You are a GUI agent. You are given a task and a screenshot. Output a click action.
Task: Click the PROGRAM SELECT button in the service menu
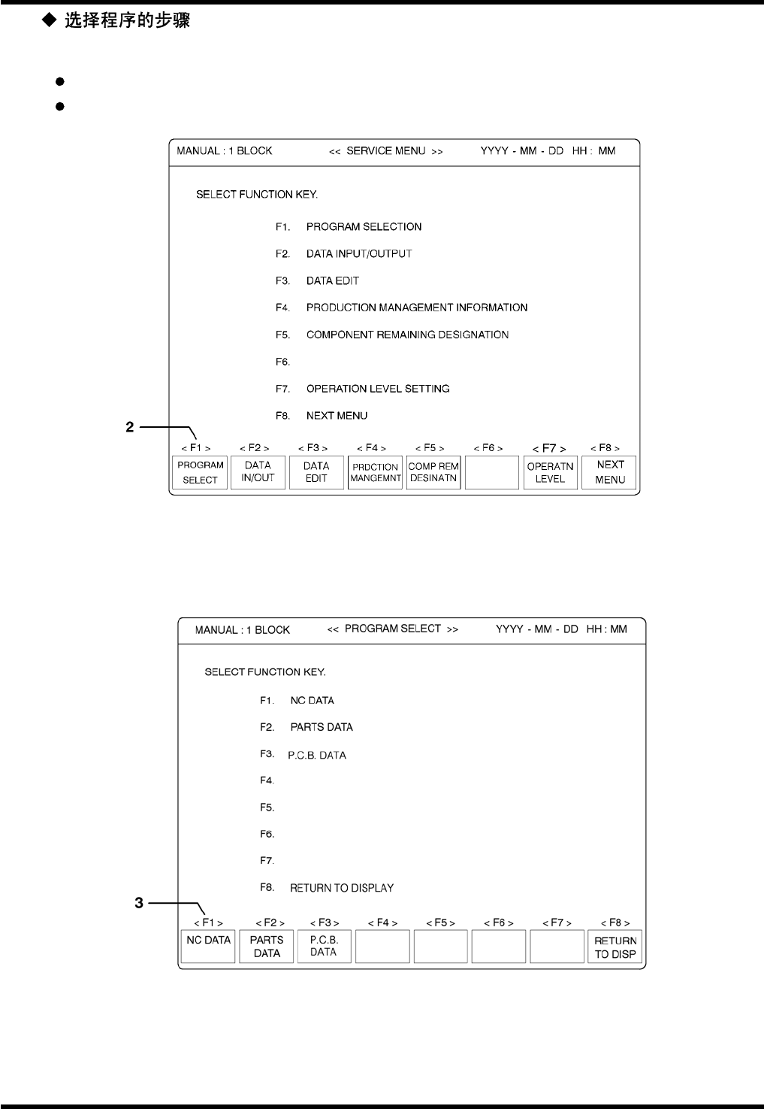point(200,472)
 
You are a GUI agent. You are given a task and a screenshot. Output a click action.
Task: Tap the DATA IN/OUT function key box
point(258,472)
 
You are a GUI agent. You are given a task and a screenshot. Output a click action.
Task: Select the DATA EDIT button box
point(316,472)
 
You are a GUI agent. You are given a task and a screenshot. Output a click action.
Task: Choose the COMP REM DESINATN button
point(433,472)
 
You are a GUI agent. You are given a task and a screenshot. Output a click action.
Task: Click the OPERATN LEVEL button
point(550,472)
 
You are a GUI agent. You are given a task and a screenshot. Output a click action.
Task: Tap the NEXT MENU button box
point(609,472)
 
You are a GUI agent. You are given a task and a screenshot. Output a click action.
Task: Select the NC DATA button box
point(208,947)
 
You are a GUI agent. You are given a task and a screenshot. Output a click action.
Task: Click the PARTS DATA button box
point(267,947)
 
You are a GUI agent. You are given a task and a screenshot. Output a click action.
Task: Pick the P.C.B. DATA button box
point(324,947)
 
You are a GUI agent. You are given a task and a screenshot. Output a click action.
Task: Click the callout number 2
point(130,427)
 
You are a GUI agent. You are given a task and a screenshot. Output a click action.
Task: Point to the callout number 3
point(139,903)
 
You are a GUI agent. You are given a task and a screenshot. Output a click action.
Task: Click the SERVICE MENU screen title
point(385,151)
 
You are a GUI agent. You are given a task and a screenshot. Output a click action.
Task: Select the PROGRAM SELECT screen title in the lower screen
point(392,629)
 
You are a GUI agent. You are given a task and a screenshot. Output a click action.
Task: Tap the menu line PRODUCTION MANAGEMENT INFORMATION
point(416,308)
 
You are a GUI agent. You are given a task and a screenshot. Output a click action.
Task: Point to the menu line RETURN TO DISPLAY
point(342,888)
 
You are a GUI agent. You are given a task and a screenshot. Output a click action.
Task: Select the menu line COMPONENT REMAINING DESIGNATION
point(407,335)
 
